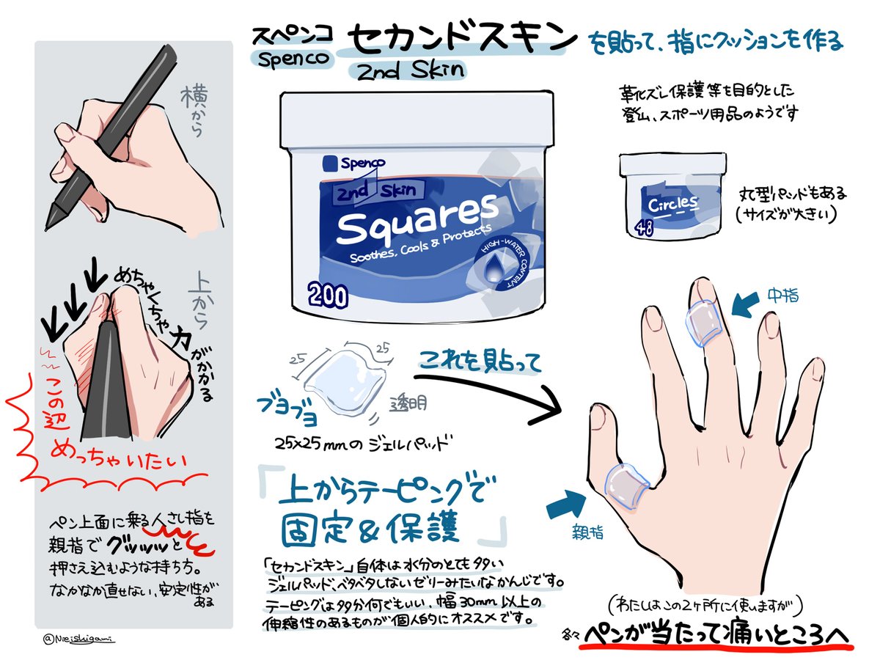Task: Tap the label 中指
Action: (x=782, y=296)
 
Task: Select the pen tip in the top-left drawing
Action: (x=54, y=221)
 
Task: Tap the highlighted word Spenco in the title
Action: (x=287, y=59)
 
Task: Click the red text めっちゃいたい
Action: (x=117, y=461)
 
